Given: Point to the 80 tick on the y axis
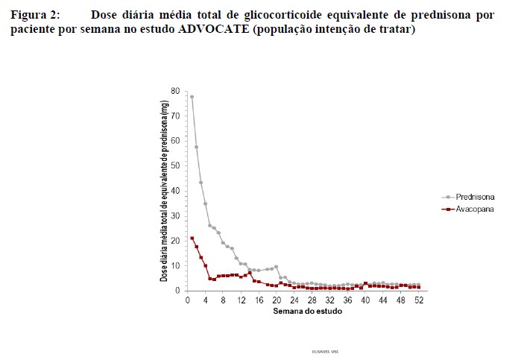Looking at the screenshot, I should tap(176, 91).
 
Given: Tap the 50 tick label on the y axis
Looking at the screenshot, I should tap(176, 165).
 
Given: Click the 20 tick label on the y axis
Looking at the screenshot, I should tap(176, 241).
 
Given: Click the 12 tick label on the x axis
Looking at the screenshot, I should tap(241, 300).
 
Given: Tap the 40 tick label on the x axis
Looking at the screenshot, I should tap(365, 300).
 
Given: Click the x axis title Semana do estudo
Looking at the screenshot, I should tap(306, 311).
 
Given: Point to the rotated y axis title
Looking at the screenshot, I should tap(165, 191).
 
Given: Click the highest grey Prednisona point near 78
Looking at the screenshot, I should tap(192, 97).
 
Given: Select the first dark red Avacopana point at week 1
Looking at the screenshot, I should tap(192, 239).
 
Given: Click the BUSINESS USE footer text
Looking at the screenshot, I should tap(325, 349).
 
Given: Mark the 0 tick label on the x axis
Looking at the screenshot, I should tap(187, 300).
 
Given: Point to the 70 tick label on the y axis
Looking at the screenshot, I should tap(176, 116).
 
